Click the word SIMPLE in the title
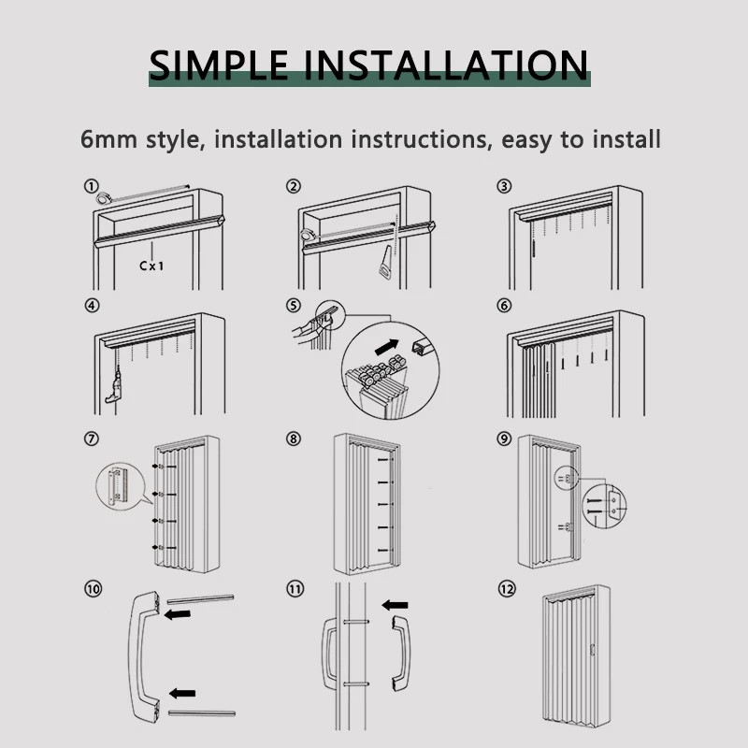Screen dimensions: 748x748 click(219, 65)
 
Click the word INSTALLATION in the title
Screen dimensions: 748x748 click(446, 65)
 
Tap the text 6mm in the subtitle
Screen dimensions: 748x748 click(108, 139)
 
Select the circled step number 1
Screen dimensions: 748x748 click(91, 186)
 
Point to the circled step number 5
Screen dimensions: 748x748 click(294, 306)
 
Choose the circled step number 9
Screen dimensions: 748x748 click(504, 439)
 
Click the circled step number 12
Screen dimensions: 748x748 click(507, 589)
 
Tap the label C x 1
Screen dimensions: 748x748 click(151, 266)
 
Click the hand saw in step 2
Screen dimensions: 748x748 click(386, 263)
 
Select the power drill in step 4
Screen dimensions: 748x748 click(114, 384)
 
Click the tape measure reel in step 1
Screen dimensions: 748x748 click(104, 197)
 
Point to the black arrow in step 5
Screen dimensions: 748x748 click(387, 347)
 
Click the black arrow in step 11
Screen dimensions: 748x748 click(395, 605)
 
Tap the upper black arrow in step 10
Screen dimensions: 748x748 click(178, 614)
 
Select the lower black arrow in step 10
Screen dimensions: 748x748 click(182, 693)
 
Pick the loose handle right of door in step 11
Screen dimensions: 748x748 click(402, 654)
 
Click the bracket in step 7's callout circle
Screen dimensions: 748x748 click(117, 486)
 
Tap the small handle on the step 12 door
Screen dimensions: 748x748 click(593, 650)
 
